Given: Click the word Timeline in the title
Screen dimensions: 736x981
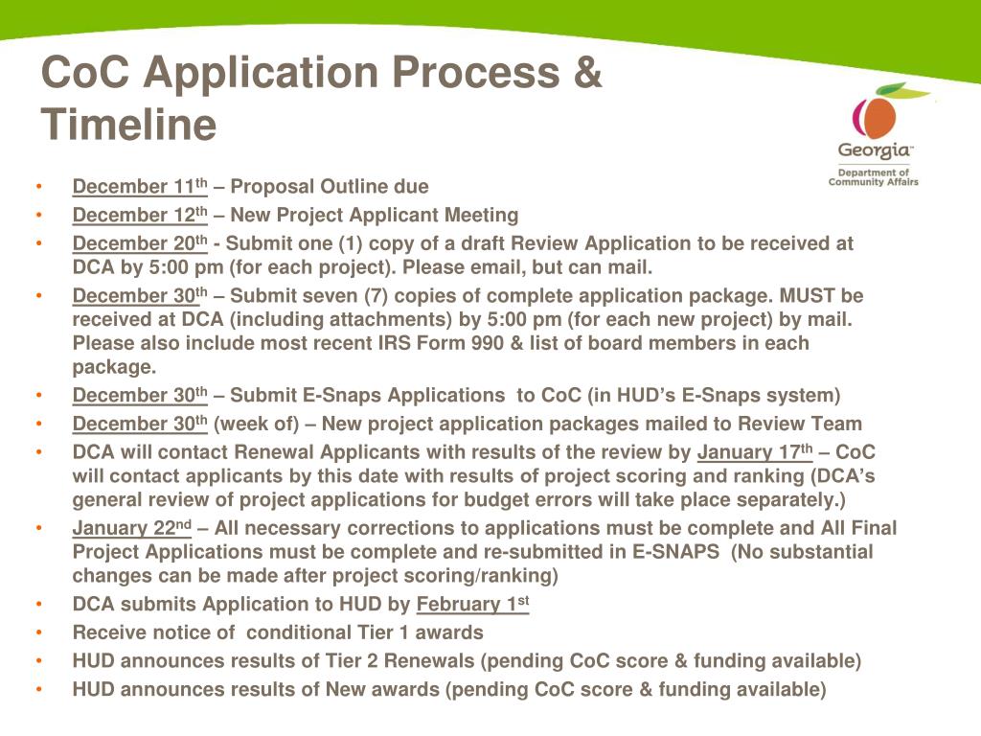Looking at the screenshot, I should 129,125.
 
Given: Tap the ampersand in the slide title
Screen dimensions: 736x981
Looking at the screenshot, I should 586,73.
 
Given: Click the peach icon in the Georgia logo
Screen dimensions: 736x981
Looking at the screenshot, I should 876,116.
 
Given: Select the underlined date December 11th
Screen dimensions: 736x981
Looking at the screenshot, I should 140,187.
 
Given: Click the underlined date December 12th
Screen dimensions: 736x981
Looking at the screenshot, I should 140,216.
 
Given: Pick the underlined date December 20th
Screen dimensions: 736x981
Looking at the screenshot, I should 140,244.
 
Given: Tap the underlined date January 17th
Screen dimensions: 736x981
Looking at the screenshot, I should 755,453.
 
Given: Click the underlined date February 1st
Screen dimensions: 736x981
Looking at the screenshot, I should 472,605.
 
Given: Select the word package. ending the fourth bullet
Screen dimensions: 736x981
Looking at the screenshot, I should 114,367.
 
